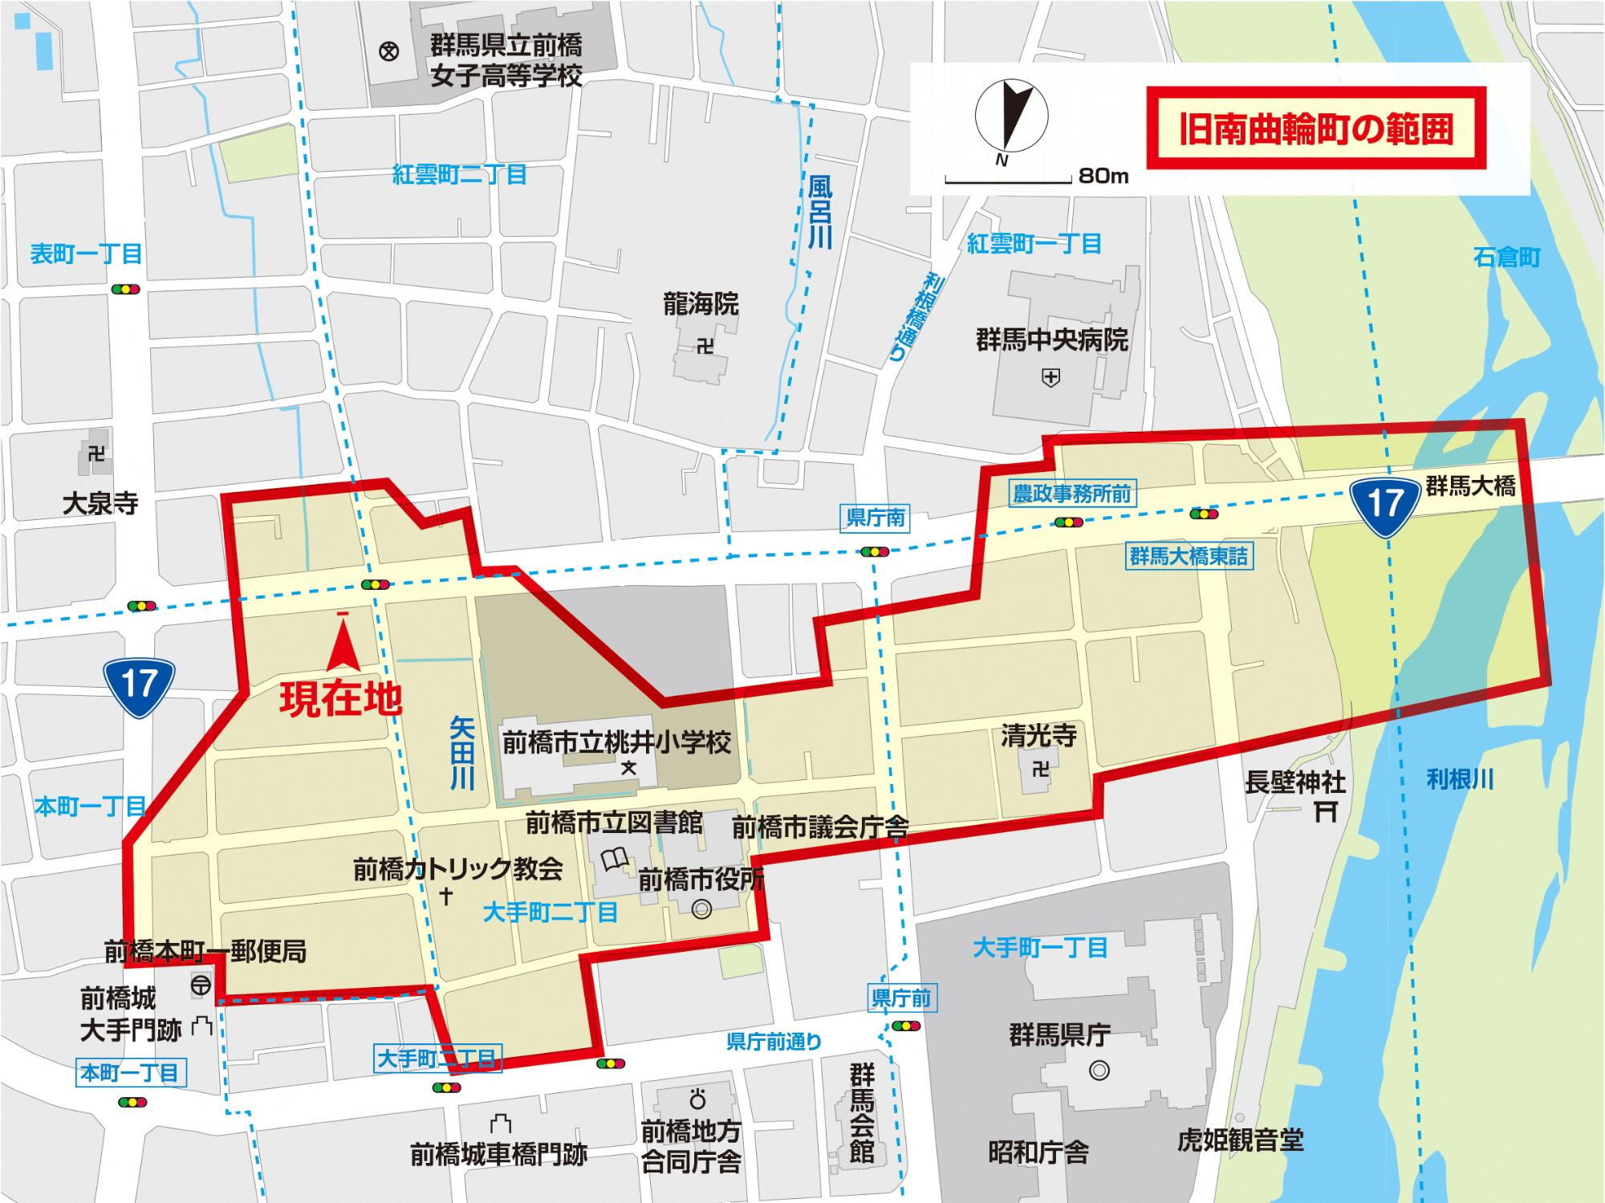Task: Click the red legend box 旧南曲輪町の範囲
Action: pos(1315,128)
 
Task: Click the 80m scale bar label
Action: pos(1103,176)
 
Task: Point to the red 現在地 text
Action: pos(340,699)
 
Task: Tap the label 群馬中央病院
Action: pos(1052,340)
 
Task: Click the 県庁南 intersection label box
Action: pos(875,518)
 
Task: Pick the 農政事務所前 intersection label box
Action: pos(1071,494)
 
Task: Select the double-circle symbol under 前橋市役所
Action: pos(701,910)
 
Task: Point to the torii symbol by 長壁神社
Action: pos(1326,813)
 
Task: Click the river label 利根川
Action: pos(1460,779)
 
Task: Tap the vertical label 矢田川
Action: pos(462,753)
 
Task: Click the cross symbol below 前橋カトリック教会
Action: pos(447,896)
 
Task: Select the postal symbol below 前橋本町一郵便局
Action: pos(201,984)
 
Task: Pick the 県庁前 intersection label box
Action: pos(900,998)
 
